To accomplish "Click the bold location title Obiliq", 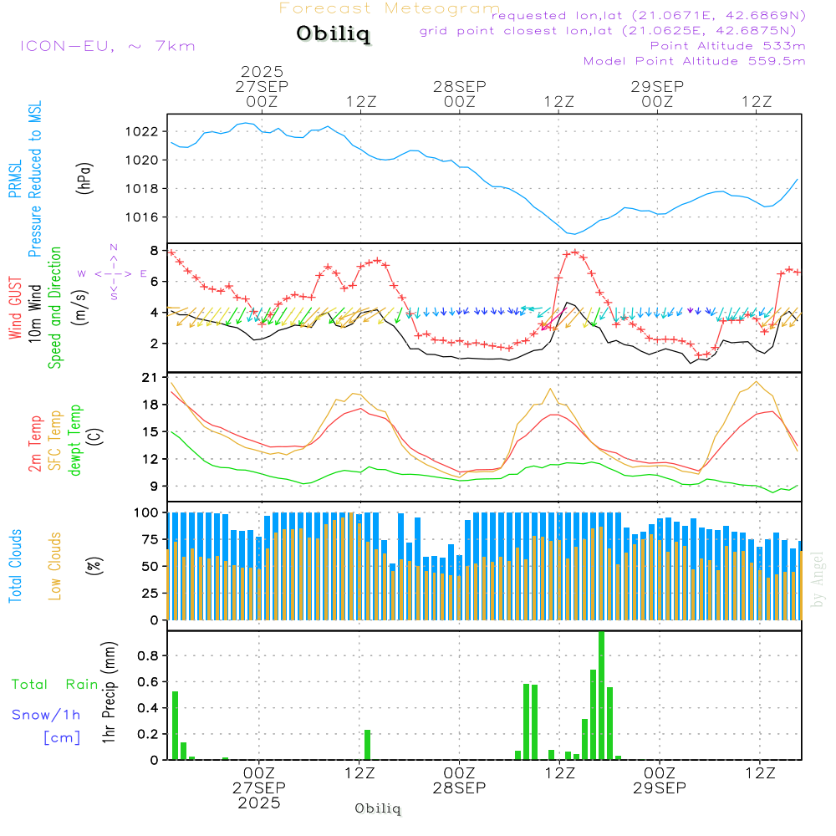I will (333, 35).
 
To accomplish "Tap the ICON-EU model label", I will (108, 46).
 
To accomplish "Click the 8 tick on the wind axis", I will (154, 250).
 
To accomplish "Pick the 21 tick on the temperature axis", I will (150, 378).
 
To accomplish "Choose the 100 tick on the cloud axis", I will (147, 512).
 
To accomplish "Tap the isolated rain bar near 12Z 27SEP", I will (367, 744).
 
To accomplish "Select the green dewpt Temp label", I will (75, 441).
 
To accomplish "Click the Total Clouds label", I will (16, 566).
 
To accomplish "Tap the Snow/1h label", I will (46, 715).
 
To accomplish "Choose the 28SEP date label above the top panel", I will (459, 86).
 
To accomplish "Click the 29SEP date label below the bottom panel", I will (659, 788).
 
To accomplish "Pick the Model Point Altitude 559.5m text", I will (694, 61).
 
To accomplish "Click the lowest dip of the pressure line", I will (572, 233).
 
